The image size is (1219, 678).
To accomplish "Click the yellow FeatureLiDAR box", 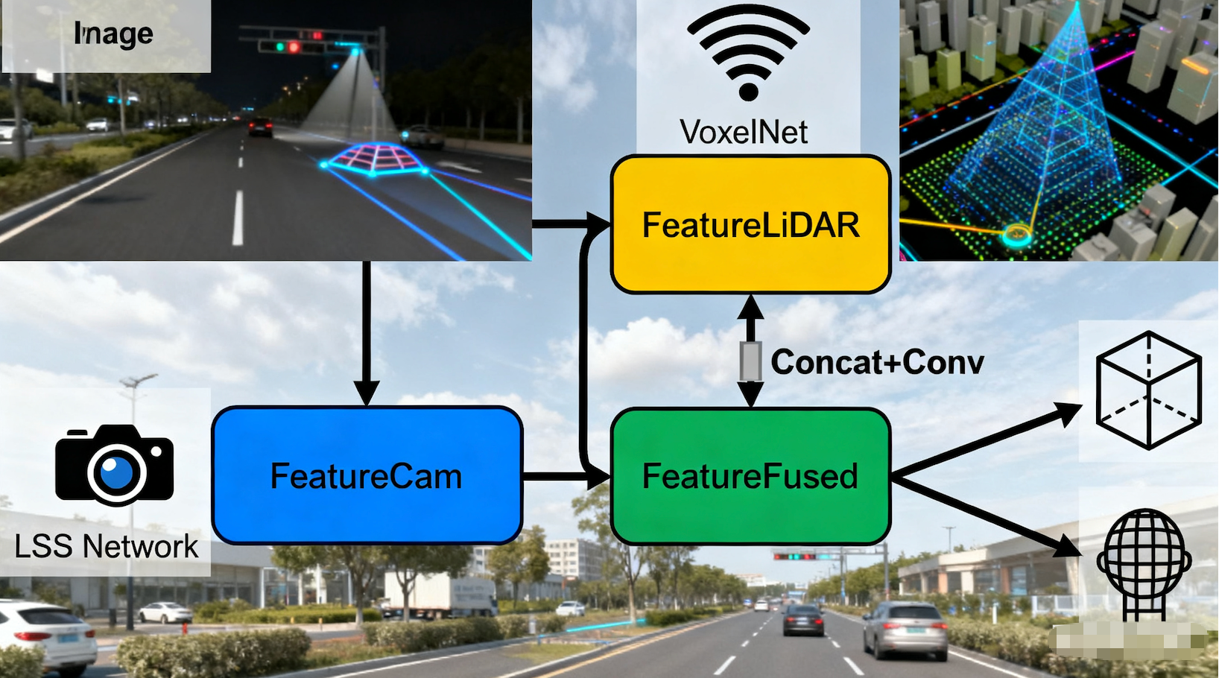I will (750, 224).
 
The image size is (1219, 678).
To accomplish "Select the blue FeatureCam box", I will (367, 475).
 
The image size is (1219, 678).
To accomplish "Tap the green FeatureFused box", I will (750, 476).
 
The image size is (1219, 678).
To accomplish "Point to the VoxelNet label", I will (744, 133).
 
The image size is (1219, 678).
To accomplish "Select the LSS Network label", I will (107, 546).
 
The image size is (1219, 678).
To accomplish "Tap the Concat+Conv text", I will (877, 362).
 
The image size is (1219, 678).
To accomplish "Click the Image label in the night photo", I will (113, 34).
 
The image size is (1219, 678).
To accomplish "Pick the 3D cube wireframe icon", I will (1148, 390).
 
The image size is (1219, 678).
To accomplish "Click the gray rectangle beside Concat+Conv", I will (750, 362).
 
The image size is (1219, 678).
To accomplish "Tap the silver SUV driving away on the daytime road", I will (905, 630).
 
